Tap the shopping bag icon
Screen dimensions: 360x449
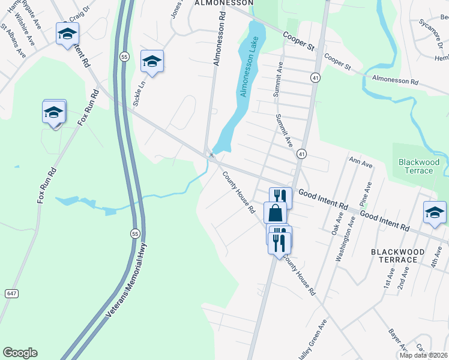[x=275, y=213]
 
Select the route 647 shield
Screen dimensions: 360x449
[x=11, y=293]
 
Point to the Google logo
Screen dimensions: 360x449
[x=20, y=353]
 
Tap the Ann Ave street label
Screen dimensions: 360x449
[x=361, y=162]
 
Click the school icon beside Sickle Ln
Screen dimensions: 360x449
[x=152, y=61]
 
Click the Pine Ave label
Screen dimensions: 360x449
[x=363, y=195]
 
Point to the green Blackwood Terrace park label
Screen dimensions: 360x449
[x=419, y=166]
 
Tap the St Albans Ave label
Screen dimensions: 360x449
[x=13, y=40]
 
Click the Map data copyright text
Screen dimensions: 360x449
[x=424, y=355]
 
